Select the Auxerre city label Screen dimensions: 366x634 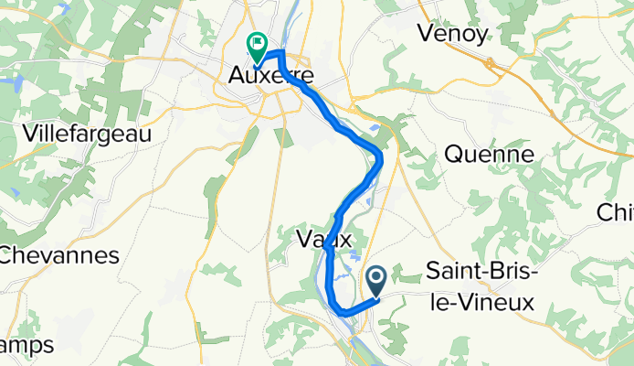(x=265, y=78)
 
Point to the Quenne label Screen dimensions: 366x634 (x=489, y=155)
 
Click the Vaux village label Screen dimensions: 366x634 (x=324, y=240)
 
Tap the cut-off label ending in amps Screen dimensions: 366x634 (x=26, y=345)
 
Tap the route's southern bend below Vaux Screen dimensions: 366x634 (x=343, y=314)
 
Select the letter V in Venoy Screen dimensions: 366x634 (x=425, y=34)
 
